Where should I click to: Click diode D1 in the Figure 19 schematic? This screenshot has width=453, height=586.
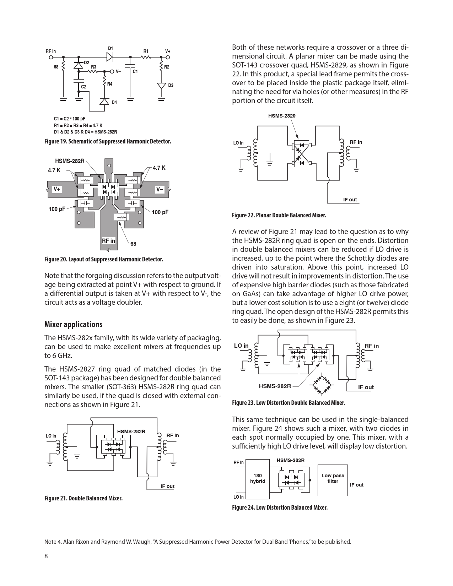tap(110, 57)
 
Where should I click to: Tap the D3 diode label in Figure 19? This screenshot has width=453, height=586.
tap(171, 86)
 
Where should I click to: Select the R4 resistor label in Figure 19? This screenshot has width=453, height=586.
tap(110, 84)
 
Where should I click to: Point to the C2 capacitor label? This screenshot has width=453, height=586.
tap(83, 87)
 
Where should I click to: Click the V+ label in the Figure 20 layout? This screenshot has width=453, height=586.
tap(57, 190)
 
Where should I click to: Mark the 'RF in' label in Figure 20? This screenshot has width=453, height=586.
tap(108, 241)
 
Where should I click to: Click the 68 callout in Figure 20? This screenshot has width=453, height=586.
tap(133, 244)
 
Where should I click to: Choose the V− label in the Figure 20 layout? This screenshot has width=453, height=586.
tap(160, 190)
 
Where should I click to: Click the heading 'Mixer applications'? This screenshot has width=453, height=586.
tap(73, 324)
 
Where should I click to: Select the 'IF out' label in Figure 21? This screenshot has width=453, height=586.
tap(167, 486)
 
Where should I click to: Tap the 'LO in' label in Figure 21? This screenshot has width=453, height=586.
tap(51, 436)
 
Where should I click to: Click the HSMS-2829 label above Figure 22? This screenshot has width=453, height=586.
tap(282, 116)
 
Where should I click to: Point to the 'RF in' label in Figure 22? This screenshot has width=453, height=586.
tap(356, 142)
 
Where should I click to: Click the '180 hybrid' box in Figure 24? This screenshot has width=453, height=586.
tap(258, 478)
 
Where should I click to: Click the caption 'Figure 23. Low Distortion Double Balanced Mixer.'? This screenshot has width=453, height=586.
tap(288, 403)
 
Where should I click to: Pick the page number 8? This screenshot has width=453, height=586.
tap(46, 556)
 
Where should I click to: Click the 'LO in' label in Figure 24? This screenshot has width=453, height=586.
tap(238, 497)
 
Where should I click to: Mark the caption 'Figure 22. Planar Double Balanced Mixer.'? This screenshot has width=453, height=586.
tap(279, 215)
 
